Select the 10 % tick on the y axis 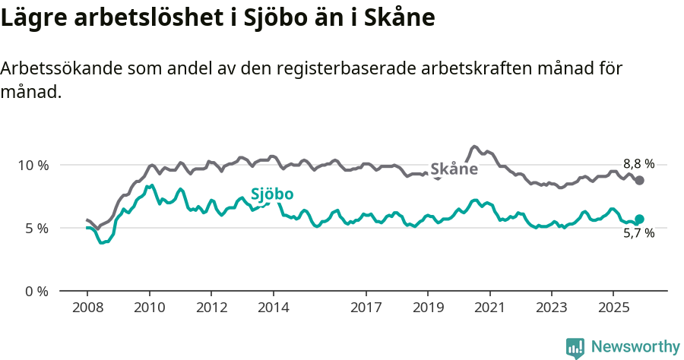[33, 165]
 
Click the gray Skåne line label [454, 169]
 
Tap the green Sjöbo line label [272, 194]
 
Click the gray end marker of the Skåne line [640, 180]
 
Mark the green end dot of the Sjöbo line [639, 219]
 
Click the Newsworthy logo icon [575, 347]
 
